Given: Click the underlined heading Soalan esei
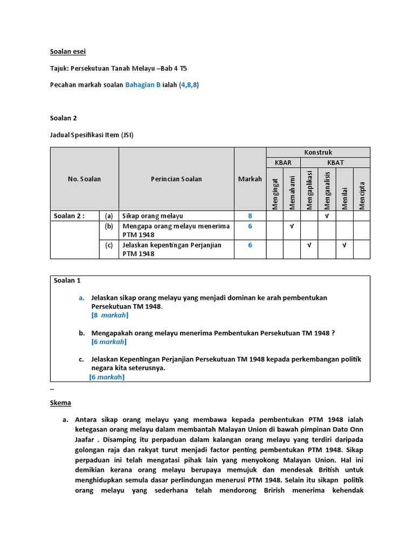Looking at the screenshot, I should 68,52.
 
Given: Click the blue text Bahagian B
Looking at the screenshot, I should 143,85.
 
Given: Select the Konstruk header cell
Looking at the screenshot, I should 318,152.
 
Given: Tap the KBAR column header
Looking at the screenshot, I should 283,162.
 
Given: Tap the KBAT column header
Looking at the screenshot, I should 335,162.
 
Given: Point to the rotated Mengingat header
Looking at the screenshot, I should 275,194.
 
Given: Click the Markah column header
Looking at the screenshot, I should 250,179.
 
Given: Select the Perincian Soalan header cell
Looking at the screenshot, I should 176,179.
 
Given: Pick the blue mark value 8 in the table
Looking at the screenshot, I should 250,216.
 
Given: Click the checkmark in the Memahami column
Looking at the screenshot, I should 292,226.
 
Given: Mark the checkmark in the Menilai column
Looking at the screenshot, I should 344,245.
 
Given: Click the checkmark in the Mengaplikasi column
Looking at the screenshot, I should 309,245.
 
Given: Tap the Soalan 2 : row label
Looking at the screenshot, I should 69,216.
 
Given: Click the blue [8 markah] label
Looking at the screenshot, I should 110,315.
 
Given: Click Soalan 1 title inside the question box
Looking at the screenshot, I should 67,280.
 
